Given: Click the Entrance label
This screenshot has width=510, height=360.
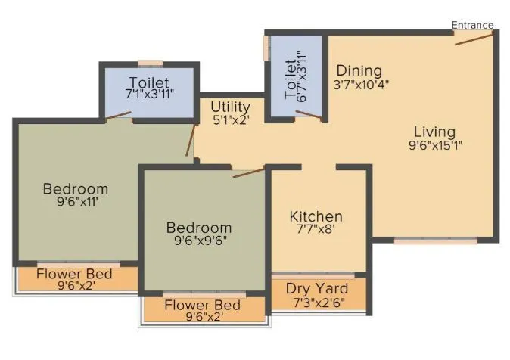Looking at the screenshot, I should pos(472,25).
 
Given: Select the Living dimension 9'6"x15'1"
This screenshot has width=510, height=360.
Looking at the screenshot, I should pos(434,146).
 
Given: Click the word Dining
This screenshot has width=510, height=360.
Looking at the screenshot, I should pos(359,71).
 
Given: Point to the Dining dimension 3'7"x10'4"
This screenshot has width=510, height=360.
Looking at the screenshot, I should pos(361,85).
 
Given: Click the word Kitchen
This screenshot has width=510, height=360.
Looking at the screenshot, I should pos(316,217).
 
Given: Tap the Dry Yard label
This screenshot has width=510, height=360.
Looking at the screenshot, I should pos(317,288).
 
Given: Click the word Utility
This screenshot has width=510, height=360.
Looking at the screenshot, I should pos(231,106).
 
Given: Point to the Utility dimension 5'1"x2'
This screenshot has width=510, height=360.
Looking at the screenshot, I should pos(231,119).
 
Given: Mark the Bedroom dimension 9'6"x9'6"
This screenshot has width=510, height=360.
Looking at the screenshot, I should pos(198,241).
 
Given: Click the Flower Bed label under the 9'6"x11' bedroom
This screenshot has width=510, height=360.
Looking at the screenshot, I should pos(74,273).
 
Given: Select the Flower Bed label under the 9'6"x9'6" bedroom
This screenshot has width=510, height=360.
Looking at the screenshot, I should pos(202,305).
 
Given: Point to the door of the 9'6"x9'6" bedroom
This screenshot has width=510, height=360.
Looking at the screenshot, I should pos(249,174).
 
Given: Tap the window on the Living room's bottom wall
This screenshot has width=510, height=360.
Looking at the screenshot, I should pos(436,241).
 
